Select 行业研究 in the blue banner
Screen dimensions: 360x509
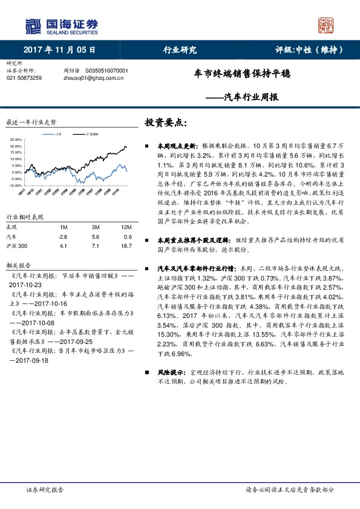coord(180,50)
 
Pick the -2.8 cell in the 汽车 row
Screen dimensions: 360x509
coord(62,236)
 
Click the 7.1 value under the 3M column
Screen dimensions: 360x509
coord(96,246)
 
